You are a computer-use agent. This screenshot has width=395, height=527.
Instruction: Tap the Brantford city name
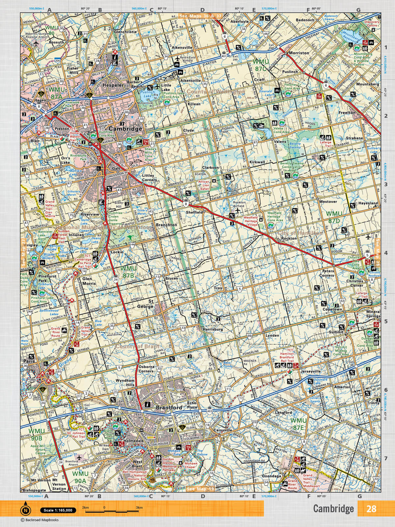(x=169, y=407)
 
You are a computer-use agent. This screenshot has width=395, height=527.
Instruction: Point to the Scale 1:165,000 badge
(x=58, y=510)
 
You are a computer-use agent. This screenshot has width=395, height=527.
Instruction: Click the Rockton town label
(x=289, y=238)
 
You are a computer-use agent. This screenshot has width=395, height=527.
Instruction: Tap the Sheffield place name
(x=194, y=212)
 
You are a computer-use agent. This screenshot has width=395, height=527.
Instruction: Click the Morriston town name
(x=299, y=53)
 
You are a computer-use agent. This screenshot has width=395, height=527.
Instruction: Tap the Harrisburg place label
(x=213, y=329)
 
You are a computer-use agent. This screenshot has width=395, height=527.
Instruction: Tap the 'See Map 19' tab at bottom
(x=200, y=489)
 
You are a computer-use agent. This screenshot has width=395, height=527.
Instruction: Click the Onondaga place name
(x=272, y=476)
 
